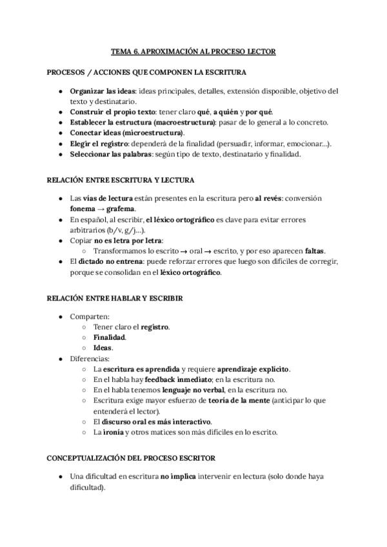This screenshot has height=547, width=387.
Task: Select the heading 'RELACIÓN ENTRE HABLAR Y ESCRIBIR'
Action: tap(115, 299)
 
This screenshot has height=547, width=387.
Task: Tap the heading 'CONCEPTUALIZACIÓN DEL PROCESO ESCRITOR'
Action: tap(132, 458)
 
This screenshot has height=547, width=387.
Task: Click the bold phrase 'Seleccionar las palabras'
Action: tap(112, 154)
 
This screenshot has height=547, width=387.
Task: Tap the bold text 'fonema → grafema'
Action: tap(103, 208)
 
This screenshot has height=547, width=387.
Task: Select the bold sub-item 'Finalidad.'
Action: tap(110, 337)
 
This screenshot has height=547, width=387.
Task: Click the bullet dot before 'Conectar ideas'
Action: tap(60, 133)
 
